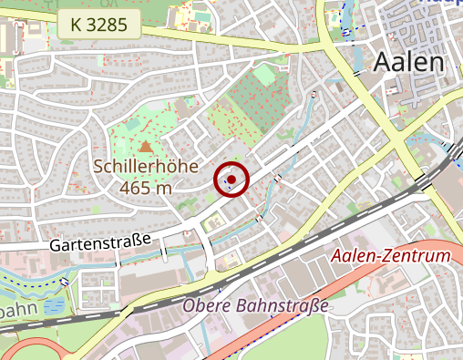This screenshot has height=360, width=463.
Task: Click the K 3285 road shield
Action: (x=98, y=25)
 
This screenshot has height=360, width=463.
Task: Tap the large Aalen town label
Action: (x=409, y=62)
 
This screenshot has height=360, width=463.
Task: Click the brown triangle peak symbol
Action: (x=146, y=146)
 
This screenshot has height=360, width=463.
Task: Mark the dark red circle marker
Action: (x=231, y=179)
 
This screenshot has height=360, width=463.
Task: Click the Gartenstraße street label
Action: (x=99, y=245)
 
